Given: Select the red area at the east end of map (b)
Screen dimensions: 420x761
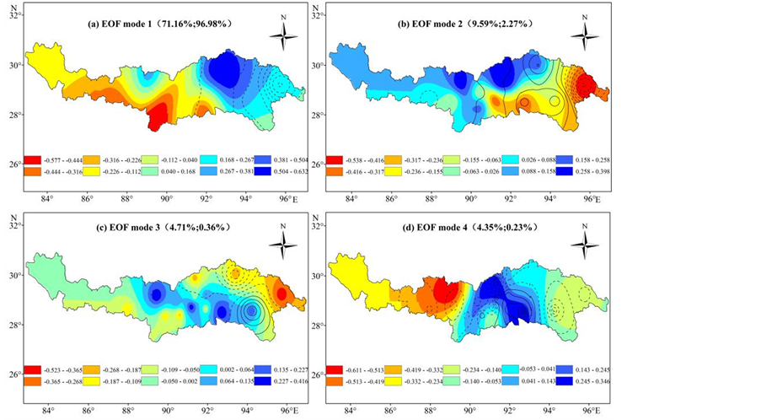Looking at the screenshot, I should (585, 84).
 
